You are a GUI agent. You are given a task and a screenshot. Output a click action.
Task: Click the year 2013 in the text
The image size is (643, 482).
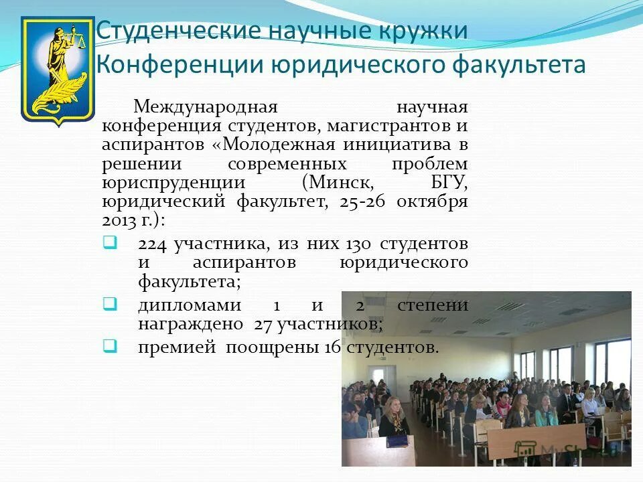pyautogui.click(x=119, y=220)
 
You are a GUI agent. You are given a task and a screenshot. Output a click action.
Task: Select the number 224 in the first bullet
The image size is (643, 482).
pyautogui.click(x=153, y=244)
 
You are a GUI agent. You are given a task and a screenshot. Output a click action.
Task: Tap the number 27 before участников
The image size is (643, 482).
pyautogui.click(x=262, y=324)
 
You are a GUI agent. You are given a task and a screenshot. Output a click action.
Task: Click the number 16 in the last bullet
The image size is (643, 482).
pyautogui.click(x=334, y=347)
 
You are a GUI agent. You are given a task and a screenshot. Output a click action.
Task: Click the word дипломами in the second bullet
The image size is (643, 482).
pyautogui.click(x=190, y=305)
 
